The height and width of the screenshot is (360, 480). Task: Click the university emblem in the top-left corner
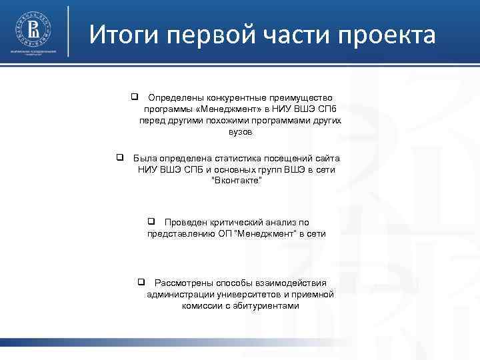pyautogui.click(x=33, y=29)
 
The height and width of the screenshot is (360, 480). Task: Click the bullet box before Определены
pyautogui.click(x=134, y=97)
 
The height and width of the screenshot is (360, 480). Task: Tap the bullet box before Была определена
pyautogui.click(x=120, y=158)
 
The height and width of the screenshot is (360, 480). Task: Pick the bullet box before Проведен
pyautogui.click(x=151, y=221)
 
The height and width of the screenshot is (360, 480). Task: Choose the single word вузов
pyautogui.click(x=240, y=133)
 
